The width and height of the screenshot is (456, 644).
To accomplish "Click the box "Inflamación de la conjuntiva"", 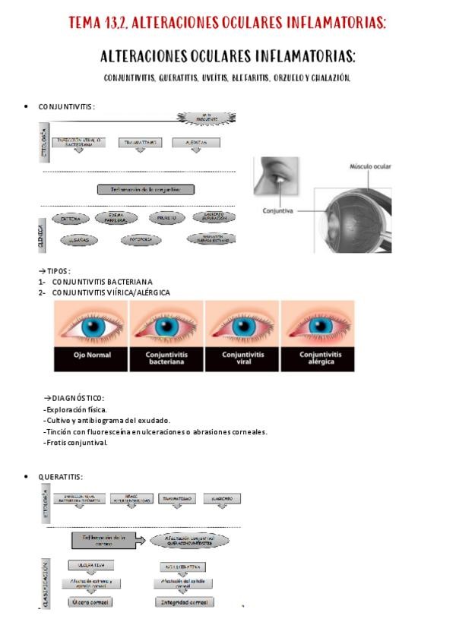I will tap(146, 190).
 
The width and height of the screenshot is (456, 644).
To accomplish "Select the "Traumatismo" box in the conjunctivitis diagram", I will tap(139, 142).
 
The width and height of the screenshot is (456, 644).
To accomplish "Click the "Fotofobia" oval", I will tap(141, 239).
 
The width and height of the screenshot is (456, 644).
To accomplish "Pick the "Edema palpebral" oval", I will tap(118, 219).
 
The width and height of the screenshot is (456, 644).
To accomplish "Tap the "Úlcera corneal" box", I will tap(90, 602).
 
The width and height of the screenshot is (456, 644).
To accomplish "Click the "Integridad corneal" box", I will tap(183, 602).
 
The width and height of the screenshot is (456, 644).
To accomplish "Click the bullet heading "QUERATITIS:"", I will tap(60, 476).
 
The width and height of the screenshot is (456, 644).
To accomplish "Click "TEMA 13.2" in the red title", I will tap(97, 24).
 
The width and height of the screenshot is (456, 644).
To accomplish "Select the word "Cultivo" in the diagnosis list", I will tap(58, 421).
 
